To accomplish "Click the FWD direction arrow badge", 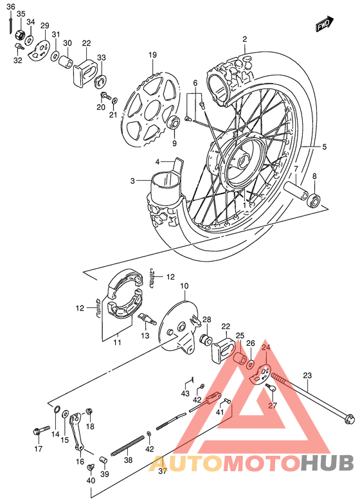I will pyautogui.click(x=323, y=25).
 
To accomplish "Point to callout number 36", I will pyautogui.click(x=11, y=5).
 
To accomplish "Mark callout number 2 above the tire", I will pyautogui.click(x=244, y=40).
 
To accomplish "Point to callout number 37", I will pyautogui.click(x=163, y=471).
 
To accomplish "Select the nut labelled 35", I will pyautogui.click(x=19, y=33).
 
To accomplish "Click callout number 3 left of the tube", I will pyautogui.click(x=132, y=181).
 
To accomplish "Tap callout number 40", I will pyautogui.click(x=90, y=480).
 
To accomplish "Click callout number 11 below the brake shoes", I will pyautogui.click(x=117, y=343).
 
